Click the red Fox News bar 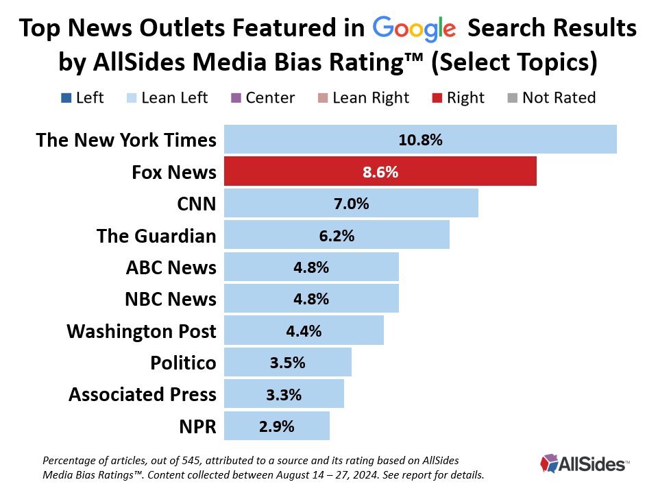[x=380, y=171]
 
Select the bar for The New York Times [x=420, y=140]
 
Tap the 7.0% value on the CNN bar [x=351, y=203]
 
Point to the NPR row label [x=199, y=426]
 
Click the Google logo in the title [x=414, y=29]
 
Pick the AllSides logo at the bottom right [x=584, y=463]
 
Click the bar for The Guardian [x=337, y=235]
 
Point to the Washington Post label [x=141, y=331]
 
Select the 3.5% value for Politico [x=287, y=363]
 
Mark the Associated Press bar [x=284, y=394]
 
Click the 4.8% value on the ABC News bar [x=311, y=267]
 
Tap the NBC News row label [x=171, y=299]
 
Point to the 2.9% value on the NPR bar [x=277, y=426]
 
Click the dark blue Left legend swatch [x=65, y=98]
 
